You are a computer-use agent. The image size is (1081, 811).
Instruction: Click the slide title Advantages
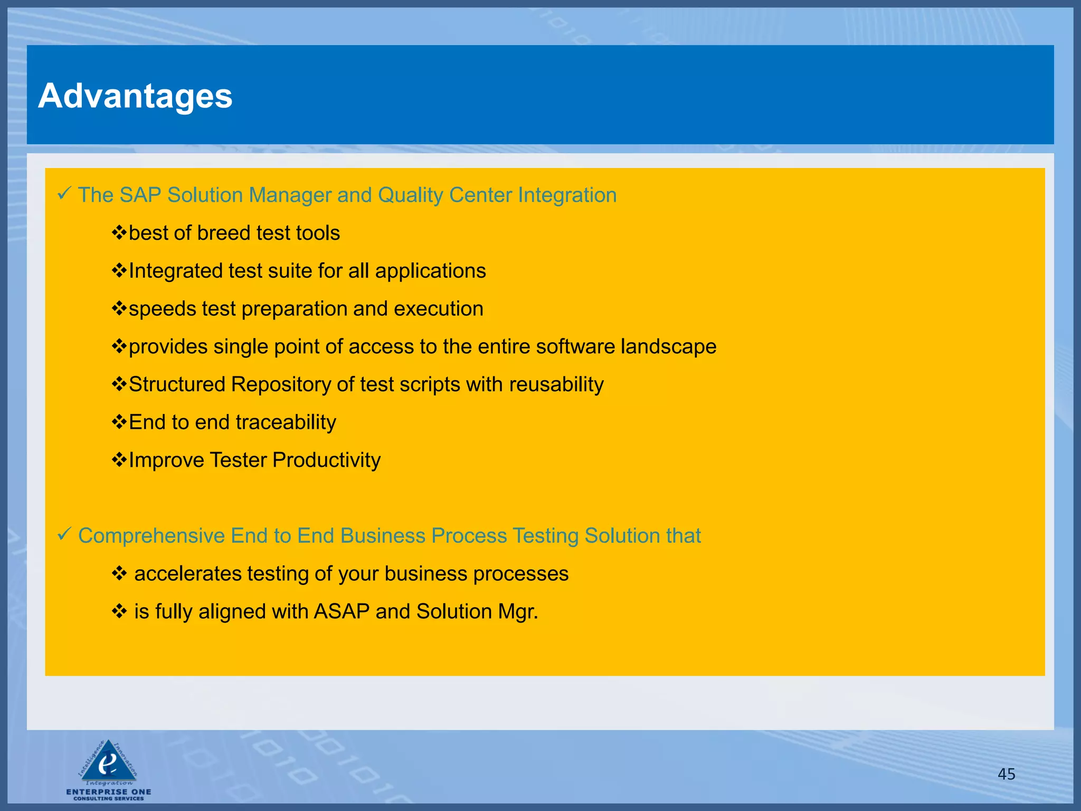(x=135, y=96)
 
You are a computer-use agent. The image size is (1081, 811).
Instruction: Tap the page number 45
(x=1006, y=774)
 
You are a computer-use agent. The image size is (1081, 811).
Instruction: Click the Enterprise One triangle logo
(x=108, y=763)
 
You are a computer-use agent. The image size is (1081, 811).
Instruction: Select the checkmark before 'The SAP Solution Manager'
(x=64, y=194)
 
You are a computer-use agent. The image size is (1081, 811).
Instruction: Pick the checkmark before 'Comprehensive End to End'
(x=64, y=534)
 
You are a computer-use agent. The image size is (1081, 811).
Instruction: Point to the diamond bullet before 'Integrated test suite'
(x=119, y=271)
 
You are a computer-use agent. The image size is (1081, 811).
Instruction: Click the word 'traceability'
(x=286, y=422)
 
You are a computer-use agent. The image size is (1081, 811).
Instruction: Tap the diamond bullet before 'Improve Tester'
(x=119, y=460)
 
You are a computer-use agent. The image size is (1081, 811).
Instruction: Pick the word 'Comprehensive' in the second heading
(x=151, y=536)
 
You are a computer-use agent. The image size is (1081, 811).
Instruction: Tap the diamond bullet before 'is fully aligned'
(x=119, y=612)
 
